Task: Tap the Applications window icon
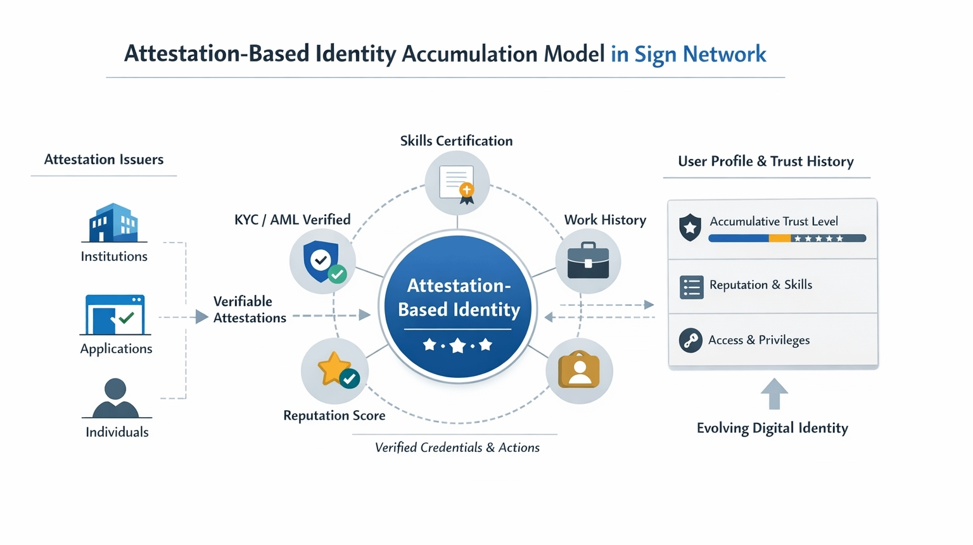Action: (x=115, y=315)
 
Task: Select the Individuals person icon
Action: (x=115, y=398)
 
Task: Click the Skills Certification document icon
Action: (x=457, y=184)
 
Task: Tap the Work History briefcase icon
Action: (x=588, y=261)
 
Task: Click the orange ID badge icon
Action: (x=579, y=370)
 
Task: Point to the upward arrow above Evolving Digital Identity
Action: (x=774, y=393)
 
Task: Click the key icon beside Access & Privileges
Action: (x=690, y=341)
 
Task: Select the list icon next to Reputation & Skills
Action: (x=691, y=287)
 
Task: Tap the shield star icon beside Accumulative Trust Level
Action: (x=690, y=227)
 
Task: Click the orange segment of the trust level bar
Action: (x=780, y=239)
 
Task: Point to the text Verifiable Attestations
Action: (x=250, y=310)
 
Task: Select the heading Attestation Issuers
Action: (x=104, y=160)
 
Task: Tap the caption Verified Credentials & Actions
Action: (x=457, y=448)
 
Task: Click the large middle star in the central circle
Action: (x=457, y=346)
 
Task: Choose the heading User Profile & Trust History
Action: (x=766, y=161)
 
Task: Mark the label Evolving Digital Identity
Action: (x=772, y=428)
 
